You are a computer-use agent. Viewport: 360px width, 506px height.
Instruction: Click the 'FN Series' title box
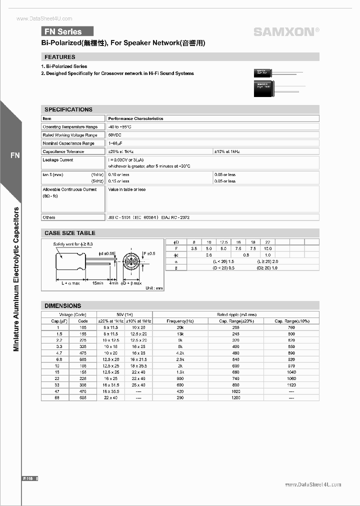67,31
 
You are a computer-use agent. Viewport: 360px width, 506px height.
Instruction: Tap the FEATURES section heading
60,57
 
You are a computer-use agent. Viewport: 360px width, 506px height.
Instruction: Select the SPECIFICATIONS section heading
68,109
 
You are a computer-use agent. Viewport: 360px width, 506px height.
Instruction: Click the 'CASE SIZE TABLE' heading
70,233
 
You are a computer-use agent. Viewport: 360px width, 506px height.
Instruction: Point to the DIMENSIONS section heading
63,305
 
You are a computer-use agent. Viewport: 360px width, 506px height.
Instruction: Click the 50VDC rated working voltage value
114,135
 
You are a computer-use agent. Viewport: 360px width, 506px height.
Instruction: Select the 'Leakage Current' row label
58,160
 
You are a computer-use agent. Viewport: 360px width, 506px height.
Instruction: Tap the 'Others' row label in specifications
49,217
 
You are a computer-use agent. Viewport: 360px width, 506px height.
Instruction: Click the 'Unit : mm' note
154,288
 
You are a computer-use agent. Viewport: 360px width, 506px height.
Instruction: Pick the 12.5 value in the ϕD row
223,241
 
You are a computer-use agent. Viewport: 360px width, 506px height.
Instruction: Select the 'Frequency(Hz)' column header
180,321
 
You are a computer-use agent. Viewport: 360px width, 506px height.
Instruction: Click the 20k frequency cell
180,327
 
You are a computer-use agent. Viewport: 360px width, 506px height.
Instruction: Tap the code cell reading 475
83,352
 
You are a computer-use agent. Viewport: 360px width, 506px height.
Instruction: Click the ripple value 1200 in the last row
236,397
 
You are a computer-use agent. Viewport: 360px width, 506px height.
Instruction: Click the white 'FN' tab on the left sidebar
15,155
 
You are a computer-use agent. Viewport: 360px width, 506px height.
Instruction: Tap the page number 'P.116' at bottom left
28,478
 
